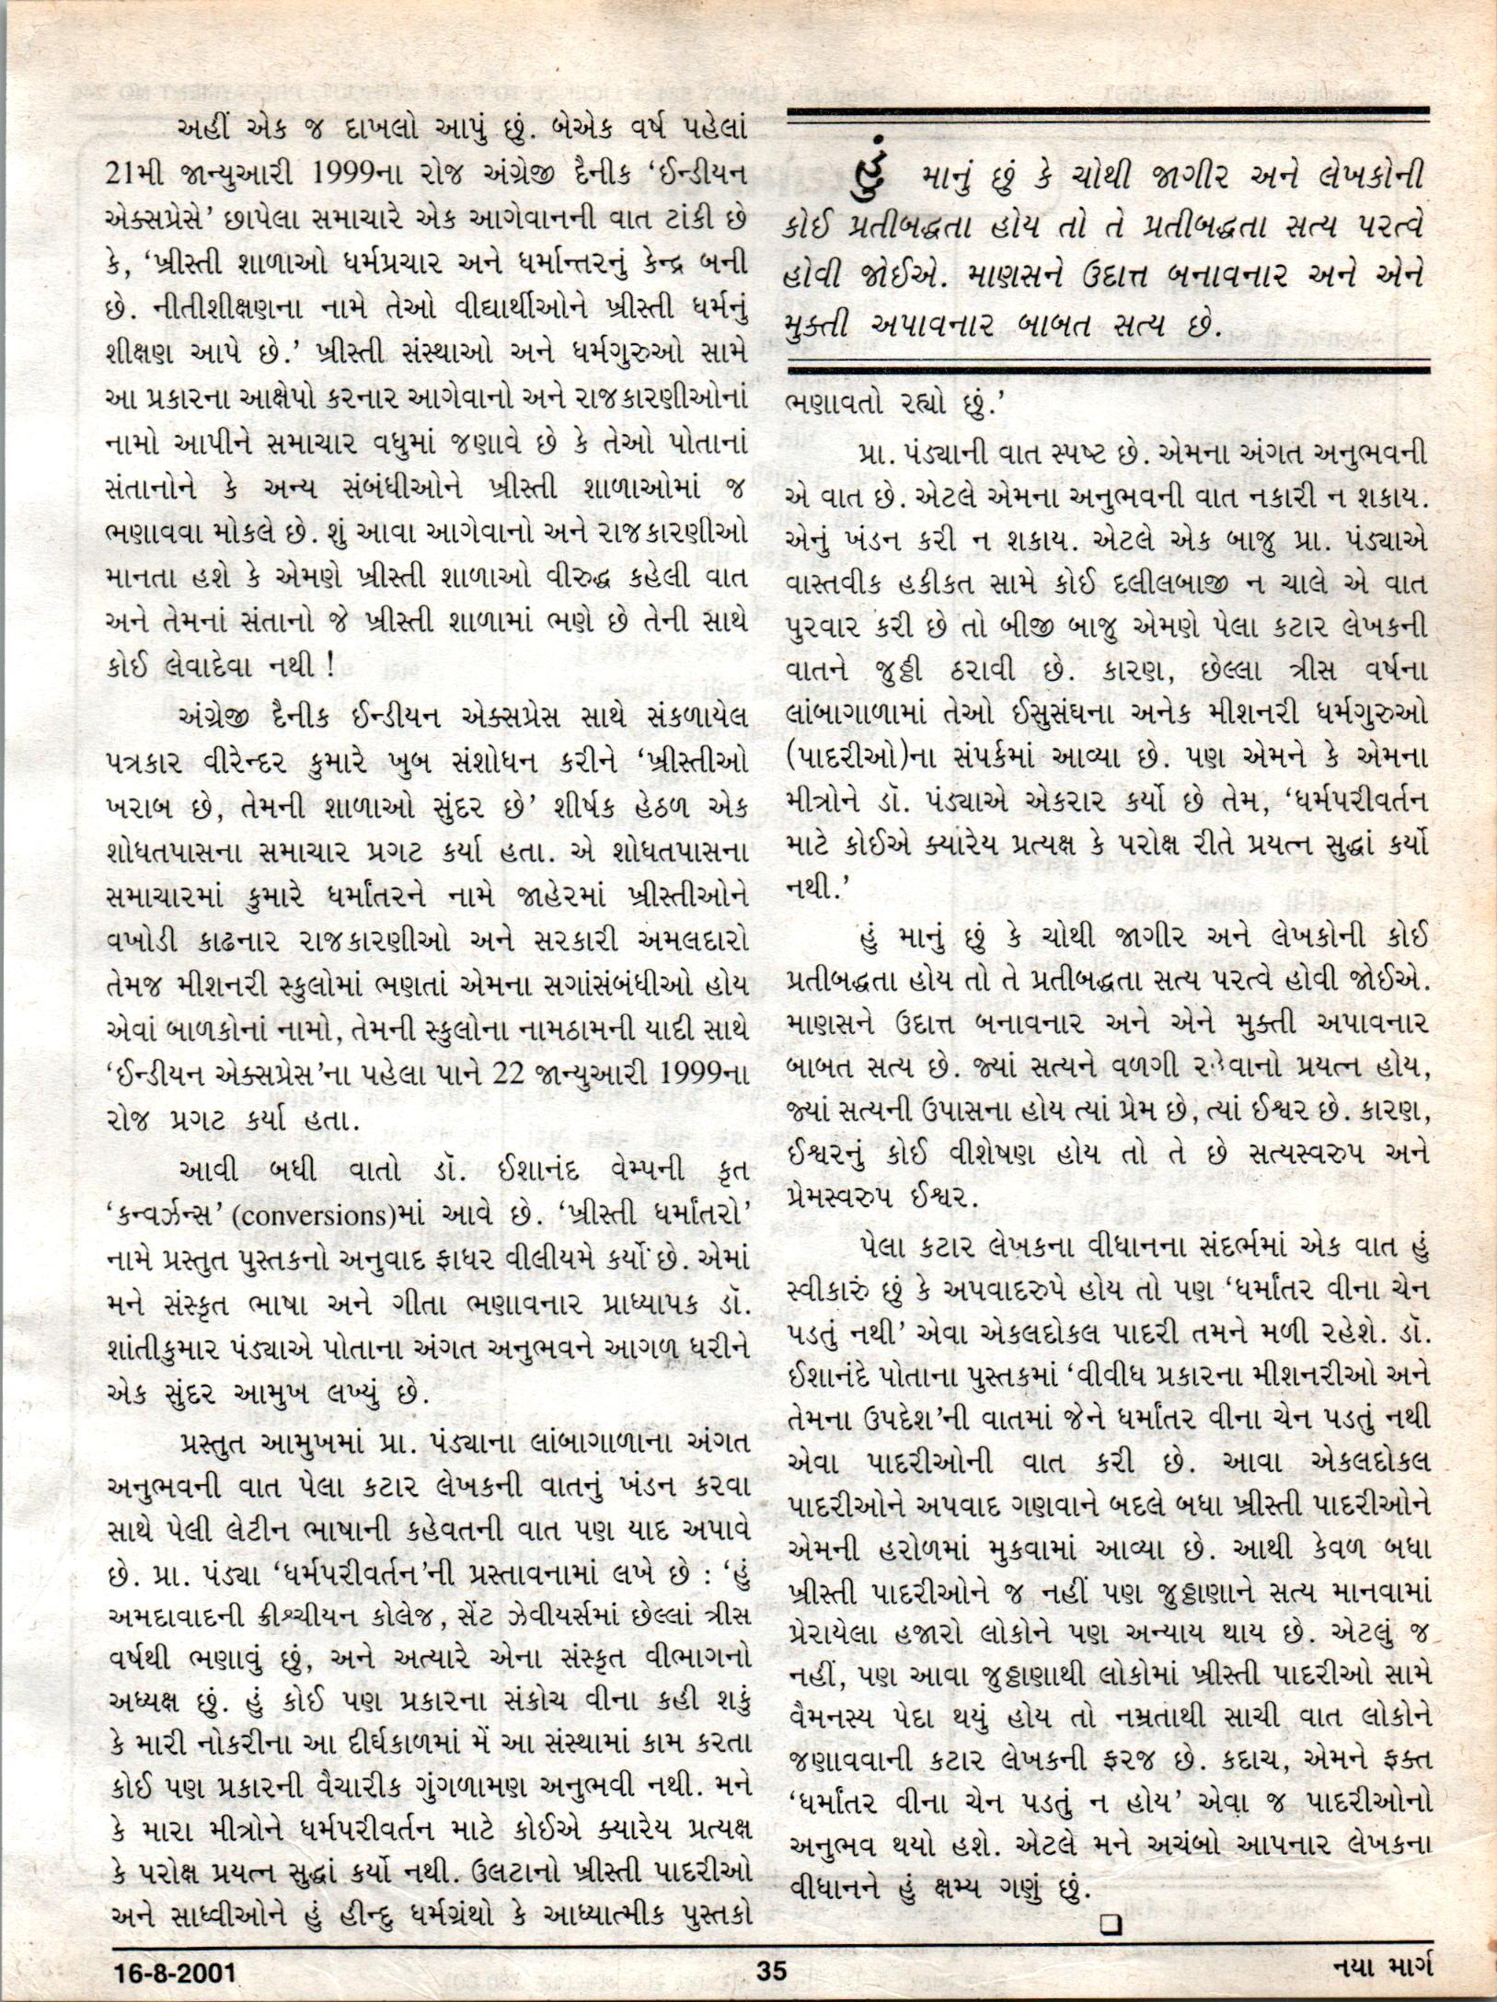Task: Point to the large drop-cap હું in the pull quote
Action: [x=873, y=173]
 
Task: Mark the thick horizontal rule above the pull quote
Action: [x=1108, y=117]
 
